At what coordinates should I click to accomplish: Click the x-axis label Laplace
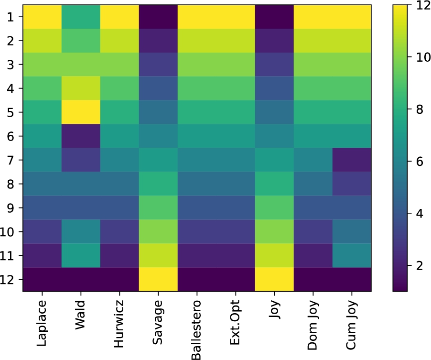[x=42, y=322]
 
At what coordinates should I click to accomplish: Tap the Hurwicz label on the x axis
[x=119, y=321]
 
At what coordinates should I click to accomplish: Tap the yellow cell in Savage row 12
[x=158, y=279]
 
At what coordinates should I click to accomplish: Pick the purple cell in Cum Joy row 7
[x=352, y=160]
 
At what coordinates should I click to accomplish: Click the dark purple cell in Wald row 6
[x=81, y=136]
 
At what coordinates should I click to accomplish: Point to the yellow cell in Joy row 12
[x=274, y=279]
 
